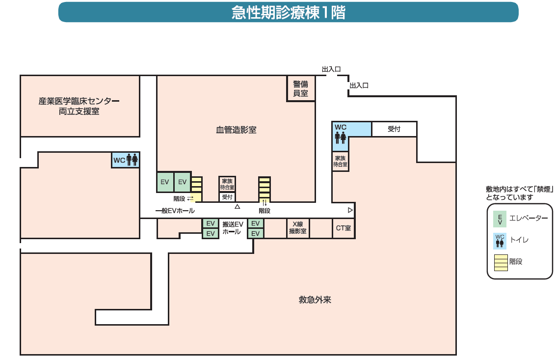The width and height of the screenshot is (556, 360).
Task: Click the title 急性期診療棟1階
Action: pos(288,13)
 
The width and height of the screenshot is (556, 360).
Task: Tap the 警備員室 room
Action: pos(300,88)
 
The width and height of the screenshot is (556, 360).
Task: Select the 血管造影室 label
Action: pos(236,130)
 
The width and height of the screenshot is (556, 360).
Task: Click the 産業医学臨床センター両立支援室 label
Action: pos(79,107)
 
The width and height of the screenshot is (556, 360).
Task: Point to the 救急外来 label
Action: pos(315,300)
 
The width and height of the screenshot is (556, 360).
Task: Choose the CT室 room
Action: pos(344,228)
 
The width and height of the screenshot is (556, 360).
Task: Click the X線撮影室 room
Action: pos(298,228)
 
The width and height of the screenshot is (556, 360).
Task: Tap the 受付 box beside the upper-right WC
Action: pos(394,129)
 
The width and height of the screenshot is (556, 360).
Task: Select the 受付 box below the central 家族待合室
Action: pos(227,197)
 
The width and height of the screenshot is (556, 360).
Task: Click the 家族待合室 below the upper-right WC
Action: pos(341,162)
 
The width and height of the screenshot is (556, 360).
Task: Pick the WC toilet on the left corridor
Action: pos(126,160)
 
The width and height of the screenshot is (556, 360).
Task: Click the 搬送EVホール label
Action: pos(232,228)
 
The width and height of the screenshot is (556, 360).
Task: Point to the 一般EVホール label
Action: pos(175,211)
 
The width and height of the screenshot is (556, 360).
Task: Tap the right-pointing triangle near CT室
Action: pos(350,210)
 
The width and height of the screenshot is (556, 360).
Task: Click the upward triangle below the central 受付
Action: pos(237,207)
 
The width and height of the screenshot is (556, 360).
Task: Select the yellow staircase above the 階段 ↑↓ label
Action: pos(265,187)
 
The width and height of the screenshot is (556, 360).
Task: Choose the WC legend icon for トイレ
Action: pos(500,241)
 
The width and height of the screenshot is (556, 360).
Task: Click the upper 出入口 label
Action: pos(331,70)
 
